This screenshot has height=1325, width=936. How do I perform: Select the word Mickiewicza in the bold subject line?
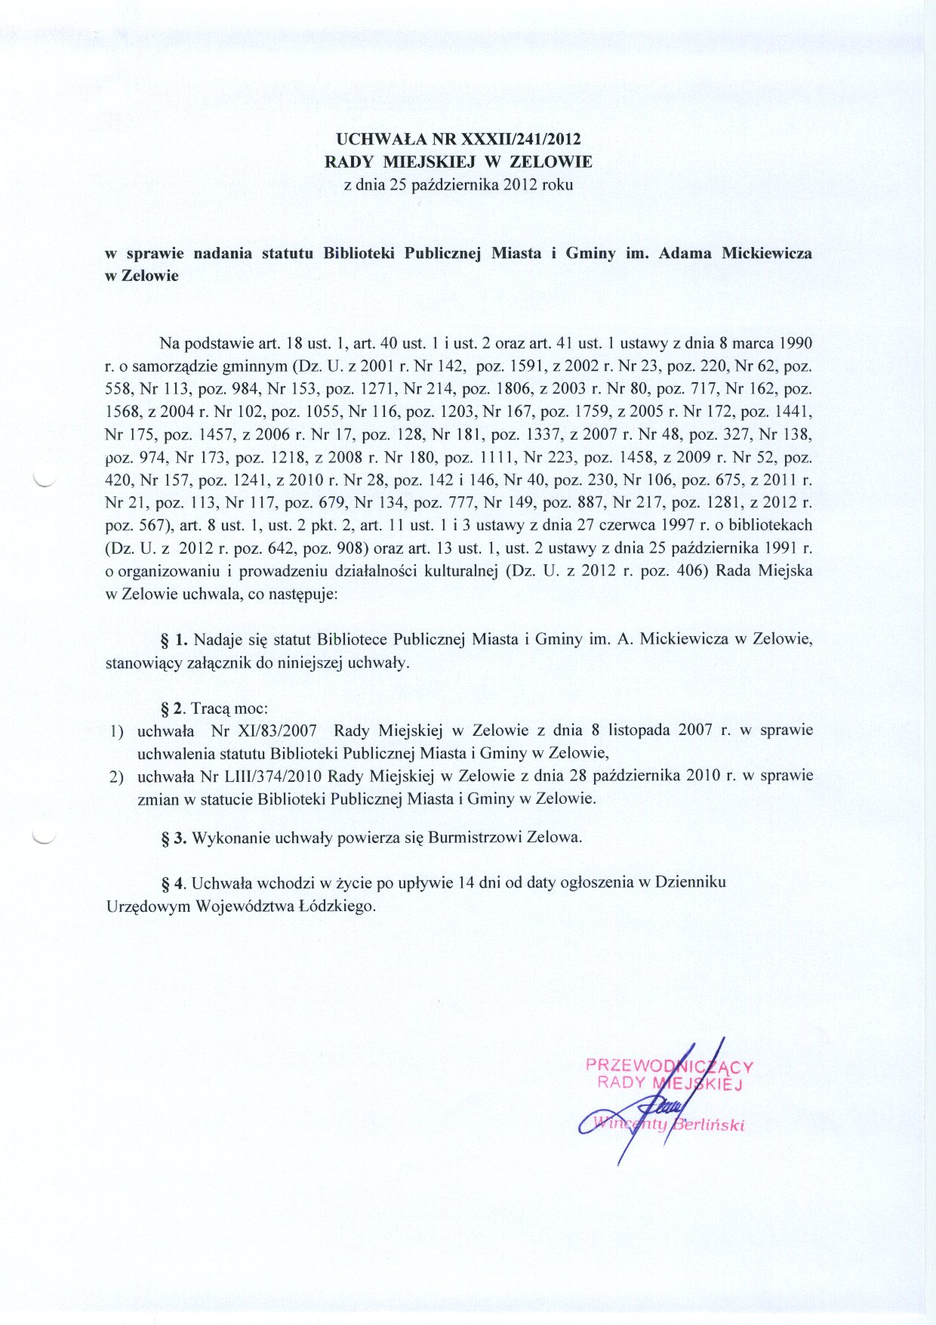tap(767, 253)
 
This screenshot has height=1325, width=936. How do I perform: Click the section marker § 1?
tap(174, 640)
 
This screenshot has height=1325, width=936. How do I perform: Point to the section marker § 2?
tap(173, 709)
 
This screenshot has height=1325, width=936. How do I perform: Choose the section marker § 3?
tap(174, 838)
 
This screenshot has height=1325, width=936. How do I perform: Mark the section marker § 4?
tap(173, 882)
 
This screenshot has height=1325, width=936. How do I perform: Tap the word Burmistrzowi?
tap(475, 838)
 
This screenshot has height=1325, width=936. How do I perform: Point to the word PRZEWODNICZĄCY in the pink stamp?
tap(670, 1066)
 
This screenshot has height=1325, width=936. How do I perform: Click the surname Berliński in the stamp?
tap(710, 1125)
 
